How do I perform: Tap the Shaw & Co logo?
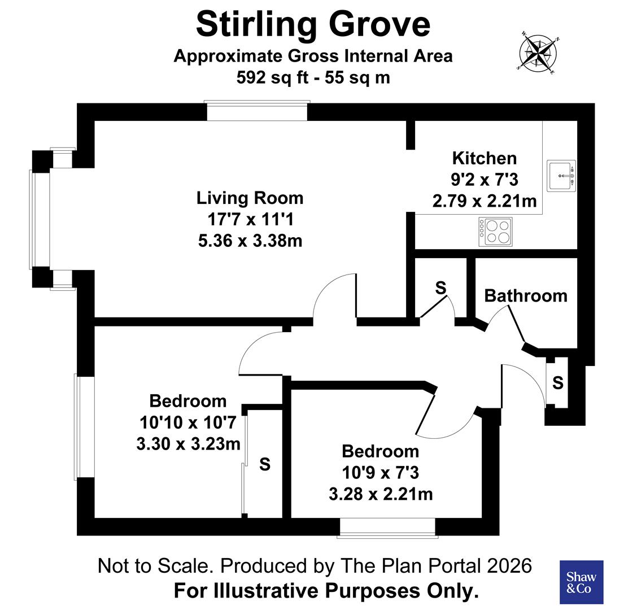[581, 582]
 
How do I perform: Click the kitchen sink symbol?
[561, 176]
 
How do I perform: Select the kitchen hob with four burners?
[495, 232]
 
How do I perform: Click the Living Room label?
[250, 198]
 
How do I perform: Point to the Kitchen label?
[484, 158]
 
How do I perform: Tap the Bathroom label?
[525, 295]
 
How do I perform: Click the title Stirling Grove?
[313, 24]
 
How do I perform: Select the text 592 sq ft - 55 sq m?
[313, 77]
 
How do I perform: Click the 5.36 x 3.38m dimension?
[250, 241]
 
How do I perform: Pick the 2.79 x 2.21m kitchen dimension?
[484, 201]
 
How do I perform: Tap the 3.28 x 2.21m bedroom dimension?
[381, 494]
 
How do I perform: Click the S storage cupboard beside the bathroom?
[440, 288]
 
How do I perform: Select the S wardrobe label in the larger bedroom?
[264, 464]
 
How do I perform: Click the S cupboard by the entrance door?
[557, 383]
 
